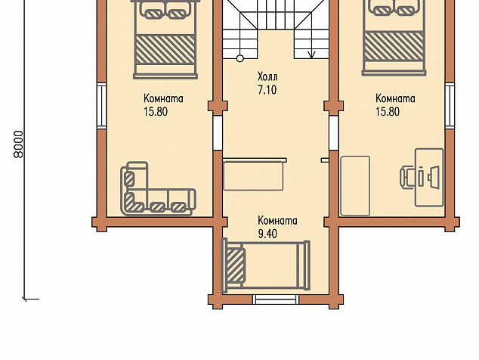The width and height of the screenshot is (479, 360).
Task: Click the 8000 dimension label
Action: point(19,144)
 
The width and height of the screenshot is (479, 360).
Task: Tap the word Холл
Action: point(267,76)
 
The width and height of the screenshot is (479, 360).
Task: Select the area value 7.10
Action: point(267,90)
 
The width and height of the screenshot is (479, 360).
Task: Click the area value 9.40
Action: point(267,234)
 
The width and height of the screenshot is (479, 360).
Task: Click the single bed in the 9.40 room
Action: point(265,265)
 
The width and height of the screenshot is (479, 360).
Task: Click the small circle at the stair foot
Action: point(240,58)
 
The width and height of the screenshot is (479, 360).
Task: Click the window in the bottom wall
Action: point(276,299)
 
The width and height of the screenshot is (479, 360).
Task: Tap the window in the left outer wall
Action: point(102,106)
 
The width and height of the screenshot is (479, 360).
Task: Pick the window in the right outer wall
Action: point(450,106)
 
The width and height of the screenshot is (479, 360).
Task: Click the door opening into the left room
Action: point(218,133)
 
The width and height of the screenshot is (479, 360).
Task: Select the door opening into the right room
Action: point(334,133)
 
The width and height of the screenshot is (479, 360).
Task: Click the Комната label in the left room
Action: point(163,99)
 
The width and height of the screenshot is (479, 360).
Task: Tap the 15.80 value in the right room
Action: point(388,112)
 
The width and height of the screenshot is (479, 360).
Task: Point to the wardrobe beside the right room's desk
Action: point(355,185)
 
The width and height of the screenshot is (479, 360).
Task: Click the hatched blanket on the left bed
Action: point(165,50)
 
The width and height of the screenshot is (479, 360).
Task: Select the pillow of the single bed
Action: point(236,265)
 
